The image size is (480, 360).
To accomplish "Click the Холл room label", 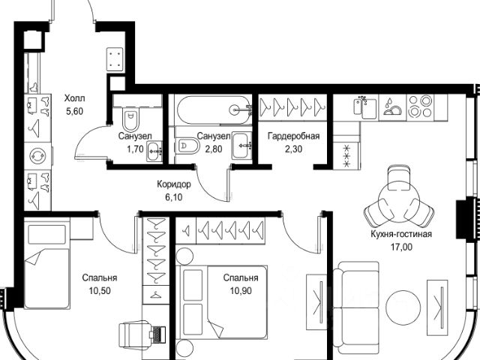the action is [x=75, y=98].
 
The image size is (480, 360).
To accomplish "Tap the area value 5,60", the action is [x=75, y=112].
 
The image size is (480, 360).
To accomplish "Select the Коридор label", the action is [x=174, y=184].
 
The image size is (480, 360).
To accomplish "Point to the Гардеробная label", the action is [x=293, y=136].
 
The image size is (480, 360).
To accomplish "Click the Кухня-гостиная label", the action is [x=401, y=234].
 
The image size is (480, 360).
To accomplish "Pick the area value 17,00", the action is [x=401, y=247].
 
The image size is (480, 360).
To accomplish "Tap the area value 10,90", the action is [x=241, y=290].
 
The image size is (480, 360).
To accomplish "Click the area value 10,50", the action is [x=100, y=290].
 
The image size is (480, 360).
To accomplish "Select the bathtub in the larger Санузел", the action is [x=213, y=110].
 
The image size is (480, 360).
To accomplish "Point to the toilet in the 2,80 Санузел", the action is [x=188, y=145].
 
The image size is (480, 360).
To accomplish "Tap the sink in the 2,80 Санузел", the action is [x=241, y=145].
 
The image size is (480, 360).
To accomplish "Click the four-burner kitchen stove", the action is [x=420, y=106].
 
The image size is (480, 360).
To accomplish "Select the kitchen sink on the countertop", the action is [x=365, y=108].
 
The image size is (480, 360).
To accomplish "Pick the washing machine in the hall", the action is [x=38, y=156].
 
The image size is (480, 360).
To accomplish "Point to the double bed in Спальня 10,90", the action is [x=223, y=301].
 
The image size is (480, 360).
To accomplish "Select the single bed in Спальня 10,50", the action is [x=46, y=262].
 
